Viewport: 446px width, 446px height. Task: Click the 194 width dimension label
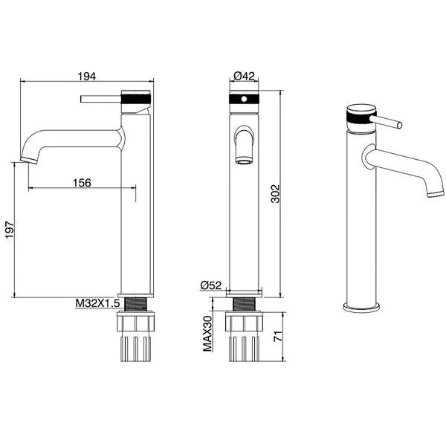click(87, 77)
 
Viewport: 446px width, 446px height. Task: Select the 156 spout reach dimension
click(83, 183)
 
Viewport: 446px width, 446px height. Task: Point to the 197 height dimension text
click(10, 230)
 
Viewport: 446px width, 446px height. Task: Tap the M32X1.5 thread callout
click(97, 303)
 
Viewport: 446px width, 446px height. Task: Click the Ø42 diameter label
click(244, 76)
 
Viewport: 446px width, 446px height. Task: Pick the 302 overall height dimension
click(275, 194)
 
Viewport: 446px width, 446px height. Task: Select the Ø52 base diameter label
click(211, 285)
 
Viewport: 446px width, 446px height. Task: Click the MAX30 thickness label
click(207, 334)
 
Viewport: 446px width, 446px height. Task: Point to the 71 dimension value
click(278, 337)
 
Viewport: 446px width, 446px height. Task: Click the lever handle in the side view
click(101, 99)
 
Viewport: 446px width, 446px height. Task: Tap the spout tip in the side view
click(29, 160)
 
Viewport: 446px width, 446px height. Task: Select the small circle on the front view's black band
click(244, 99)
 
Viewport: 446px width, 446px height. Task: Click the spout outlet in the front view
click(244, 161)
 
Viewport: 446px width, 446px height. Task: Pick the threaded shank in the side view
click(136, 304)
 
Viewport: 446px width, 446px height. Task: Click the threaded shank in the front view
click(244, 304)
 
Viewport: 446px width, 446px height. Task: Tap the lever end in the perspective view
click(399, 125)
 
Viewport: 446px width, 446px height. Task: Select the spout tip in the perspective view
click(436, 194)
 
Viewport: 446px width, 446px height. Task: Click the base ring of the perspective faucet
click(361, 308)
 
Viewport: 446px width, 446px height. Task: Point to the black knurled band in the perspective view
click(359, 117)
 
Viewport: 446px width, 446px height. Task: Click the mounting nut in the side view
click(136, 321)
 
